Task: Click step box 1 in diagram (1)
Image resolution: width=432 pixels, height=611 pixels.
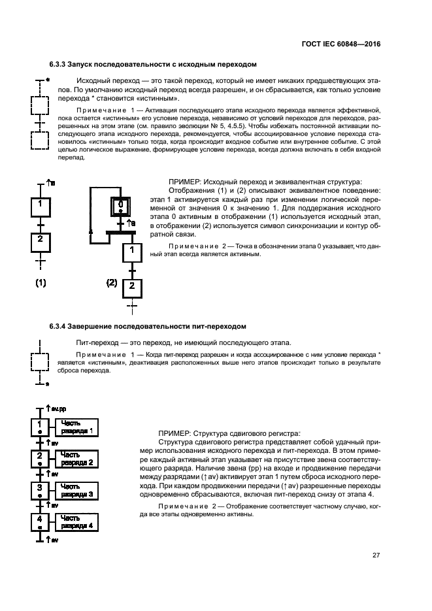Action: click(x=41, y=206)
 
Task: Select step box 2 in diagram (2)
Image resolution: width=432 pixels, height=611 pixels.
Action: click(x=133, y=286)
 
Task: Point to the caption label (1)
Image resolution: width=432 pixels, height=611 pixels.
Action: click(x=41, y=284)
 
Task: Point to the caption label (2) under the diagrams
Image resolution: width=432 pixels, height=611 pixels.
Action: click(x=112, y=284)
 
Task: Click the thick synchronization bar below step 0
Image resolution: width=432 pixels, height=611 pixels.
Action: click(x=117, y=231)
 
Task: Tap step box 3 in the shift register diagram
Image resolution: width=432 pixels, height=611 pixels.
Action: click(x=40, y=490)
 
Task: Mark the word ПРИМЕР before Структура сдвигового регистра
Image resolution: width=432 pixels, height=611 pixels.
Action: click(x=176, y=433)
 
